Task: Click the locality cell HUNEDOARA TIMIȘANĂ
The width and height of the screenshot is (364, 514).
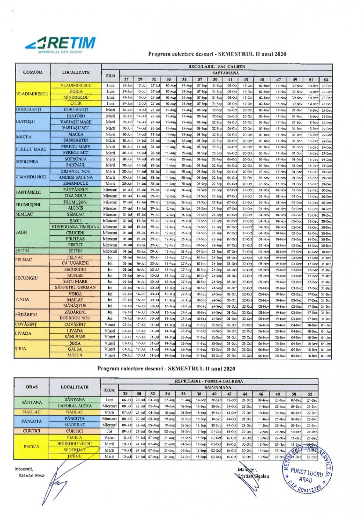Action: coord(76,227)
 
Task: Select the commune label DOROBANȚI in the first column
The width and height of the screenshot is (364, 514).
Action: coord(29,109)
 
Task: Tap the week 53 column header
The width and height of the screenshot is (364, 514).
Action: coord(325,79)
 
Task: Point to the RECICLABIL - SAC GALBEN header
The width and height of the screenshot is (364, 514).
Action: coord(216,66)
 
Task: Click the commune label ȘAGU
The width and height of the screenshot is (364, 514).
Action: coord(21,232)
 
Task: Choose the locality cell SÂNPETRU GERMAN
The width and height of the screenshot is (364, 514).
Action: coord(75,287)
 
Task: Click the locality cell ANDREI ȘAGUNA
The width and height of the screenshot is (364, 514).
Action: coord(76,177)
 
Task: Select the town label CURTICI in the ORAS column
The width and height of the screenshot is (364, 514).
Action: coord(32,431)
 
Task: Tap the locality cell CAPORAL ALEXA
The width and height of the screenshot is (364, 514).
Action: coord(75,406)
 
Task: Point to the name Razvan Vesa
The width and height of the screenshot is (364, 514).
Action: coord(31,475)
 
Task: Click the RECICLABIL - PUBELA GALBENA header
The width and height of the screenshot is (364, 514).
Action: coord(209,381)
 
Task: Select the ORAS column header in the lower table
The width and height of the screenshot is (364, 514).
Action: coord(32,387)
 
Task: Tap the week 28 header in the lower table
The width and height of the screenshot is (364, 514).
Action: coord(125,394)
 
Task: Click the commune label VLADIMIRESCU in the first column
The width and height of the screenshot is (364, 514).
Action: coord(32,94)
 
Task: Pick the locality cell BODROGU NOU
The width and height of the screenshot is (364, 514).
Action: coord(75,318)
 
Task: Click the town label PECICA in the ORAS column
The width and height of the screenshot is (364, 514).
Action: coord(32,446)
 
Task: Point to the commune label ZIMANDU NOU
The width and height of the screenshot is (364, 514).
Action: coord(31,177)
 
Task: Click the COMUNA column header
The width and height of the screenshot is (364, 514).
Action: coord(33,72)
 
